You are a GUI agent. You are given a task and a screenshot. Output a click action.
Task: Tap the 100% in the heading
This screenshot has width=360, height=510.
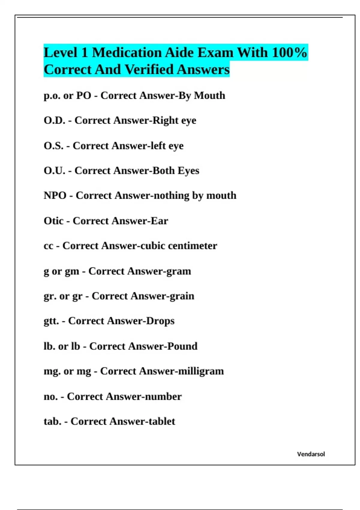289,52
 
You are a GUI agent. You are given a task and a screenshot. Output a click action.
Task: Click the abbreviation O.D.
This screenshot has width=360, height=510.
54,120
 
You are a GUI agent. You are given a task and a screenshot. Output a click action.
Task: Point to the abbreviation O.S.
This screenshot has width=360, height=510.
53,146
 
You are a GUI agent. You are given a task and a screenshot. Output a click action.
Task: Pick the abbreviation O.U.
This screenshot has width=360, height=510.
54,171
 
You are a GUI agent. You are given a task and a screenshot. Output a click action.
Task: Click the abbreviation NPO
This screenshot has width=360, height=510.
55,196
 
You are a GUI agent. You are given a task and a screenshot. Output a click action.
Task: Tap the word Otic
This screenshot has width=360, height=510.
53,221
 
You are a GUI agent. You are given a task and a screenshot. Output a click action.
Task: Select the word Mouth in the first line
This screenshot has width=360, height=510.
209,95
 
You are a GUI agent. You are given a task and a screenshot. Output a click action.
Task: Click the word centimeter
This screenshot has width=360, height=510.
192,246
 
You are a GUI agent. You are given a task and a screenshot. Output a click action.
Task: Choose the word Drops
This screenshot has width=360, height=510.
160,321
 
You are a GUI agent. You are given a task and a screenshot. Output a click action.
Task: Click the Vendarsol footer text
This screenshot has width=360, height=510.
311,454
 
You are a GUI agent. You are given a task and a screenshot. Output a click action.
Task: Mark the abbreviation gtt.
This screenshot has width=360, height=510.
51,321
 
